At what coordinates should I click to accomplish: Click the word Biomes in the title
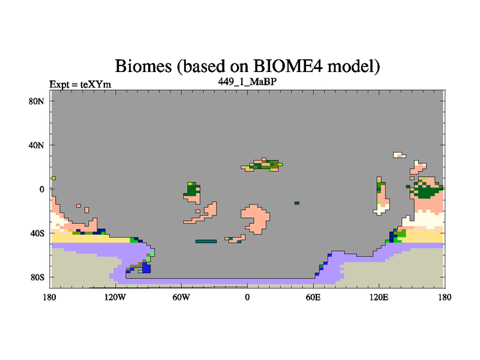click(x=143, y=66)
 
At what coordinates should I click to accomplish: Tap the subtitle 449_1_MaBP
click(x=247, y=82)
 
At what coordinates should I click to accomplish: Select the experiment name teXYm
click(x=95, y=85)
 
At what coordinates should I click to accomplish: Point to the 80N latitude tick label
click(x=37, y=101)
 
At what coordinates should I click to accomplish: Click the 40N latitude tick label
click(x=37, y=145)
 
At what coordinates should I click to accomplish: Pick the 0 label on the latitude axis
click(x=41, y=189)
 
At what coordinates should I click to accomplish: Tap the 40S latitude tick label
click(x=37, y=233)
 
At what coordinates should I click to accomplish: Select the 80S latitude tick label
click(x=37, y=277)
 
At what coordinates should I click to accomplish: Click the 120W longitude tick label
click(x=115, y=297)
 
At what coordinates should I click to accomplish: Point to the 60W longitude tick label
click(x=181, y=297)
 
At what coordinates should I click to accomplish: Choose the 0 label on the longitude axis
click(x=247, y=297)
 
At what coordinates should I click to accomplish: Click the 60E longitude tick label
click(x=313, y=297)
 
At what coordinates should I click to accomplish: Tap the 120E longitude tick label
click(x=379, y=297)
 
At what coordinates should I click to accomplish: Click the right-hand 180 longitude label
click(x=445, y=297)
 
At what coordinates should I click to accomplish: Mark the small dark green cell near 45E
click(x=297, y=203)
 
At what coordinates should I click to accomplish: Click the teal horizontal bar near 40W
click(x=206, y=241)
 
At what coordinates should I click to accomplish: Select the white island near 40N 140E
click(x=400, y=155)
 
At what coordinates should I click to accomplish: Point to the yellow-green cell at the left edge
click(x=53, y=178)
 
